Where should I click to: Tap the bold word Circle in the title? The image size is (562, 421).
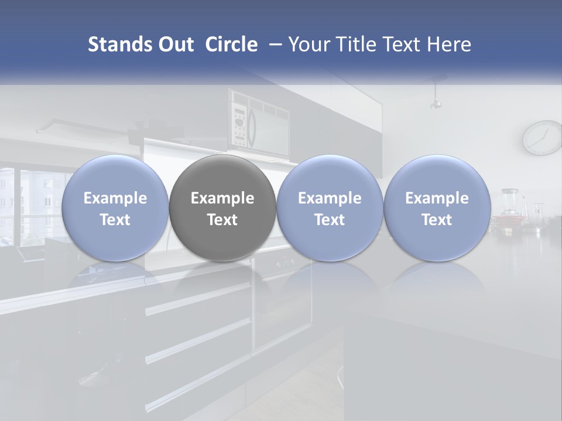click(231, 44)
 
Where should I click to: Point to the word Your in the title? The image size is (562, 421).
click(308, 44)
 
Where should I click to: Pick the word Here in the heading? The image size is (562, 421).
click(450, 44)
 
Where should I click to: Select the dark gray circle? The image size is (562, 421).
click(222, 208)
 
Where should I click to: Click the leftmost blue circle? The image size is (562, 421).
click(115, 208)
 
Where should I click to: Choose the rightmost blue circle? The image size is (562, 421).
click(437, 208)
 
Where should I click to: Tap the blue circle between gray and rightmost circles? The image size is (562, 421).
click(330, 208)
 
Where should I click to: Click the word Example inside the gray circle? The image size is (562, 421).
click(222, 198)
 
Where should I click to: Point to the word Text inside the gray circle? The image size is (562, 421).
click(222, 220)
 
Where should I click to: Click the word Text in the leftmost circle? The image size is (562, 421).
click(115, 220)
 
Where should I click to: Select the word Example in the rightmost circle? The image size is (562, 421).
click(437, 198)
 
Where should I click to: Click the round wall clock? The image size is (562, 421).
click(542, 138)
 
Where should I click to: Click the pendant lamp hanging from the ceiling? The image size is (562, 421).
click(435, 99)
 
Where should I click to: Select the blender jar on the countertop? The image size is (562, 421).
click(510, 202)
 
